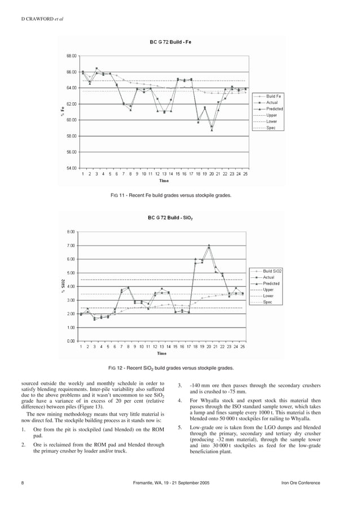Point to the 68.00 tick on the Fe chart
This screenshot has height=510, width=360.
[x=72, y=56]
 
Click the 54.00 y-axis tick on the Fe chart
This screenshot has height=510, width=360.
[x=72, y=168]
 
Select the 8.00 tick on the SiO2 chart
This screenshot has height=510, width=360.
[x=71, y=232]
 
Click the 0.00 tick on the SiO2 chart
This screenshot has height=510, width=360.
[x=71, y=341]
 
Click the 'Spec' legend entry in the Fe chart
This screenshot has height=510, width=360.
[x=271, y=128]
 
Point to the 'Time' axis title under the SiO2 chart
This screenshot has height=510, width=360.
[x=161, y=354]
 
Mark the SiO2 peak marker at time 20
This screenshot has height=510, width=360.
[x=209, y=245]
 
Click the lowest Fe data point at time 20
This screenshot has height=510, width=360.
[x=212, y=130]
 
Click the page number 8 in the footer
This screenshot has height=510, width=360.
[x=22, y=483]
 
